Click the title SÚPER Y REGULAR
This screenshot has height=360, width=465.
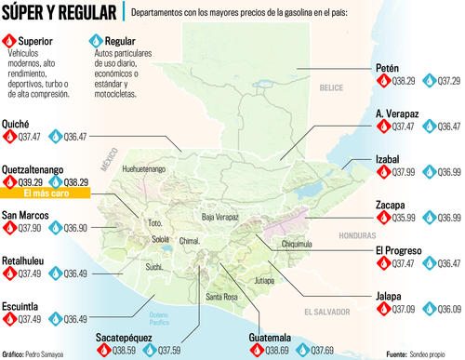(61, 15)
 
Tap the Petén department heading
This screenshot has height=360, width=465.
(388, 68)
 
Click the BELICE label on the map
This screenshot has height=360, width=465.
(331, 87)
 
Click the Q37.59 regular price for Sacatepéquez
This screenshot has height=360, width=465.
(164, 351)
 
